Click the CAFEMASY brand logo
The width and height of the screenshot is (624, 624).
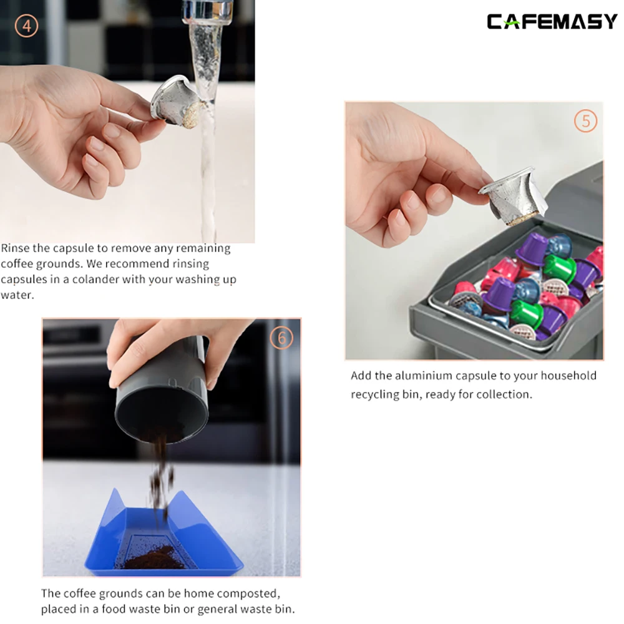pos(552,22)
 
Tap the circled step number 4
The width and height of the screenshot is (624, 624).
pos(27,26)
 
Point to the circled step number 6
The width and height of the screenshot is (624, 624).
pos(281,338)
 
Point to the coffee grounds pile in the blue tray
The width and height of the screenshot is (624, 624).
pos(147,557)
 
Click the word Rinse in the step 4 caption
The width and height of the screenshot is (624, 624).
pos(16,248)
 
